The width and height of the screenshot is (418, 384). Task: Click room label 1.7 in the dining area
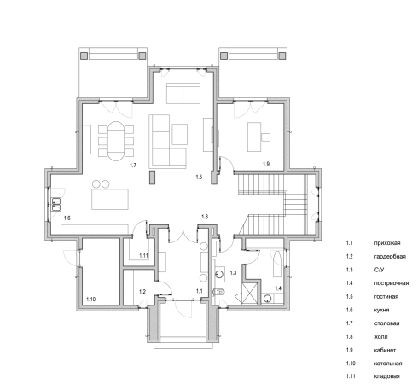pos(133,166)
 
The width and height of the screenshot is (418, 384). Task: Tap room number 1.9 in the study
pos(266,164)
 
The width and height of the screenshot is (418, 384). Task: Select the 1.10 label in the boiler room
pos(91,300)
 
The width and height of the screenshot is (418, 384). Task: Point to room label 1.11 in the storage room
pos(144,255)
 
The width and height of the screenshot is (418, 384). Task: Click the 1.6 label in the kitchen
pos(67,218)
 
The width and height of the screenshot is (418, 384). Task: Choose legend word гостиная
pos(386,297)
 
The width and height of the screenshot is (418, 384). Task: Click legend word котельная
pos(388,364)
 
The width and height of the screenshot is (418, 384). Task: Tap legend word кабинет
pos(385,350)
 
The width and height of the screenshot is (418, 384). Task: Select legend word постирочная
pos(392,283)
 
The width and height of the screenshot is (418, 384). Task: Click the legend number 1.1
pos(349,243)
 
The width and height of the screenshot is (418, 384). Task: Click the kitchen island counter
pos(110,199)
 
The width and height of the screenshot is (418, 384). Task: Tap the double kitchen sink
pos(56,204)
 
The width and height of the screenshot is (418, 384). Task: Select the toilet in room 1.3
pos(218,292)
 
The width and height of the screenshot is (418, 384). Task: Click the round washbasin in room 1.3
pos(219,274)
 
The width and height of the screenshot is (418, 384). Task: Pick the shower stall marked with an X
pos(249,294)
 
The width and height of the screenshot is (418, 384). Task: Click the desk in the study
pos(254,137)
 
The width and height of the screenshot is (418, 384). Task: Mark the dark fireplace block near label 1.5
pos(153,177)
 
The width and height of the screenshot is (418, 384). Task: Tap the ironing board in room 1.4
pos(277,264)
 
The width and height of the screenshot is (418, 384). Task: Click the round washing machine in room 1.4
pos(267,299)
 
